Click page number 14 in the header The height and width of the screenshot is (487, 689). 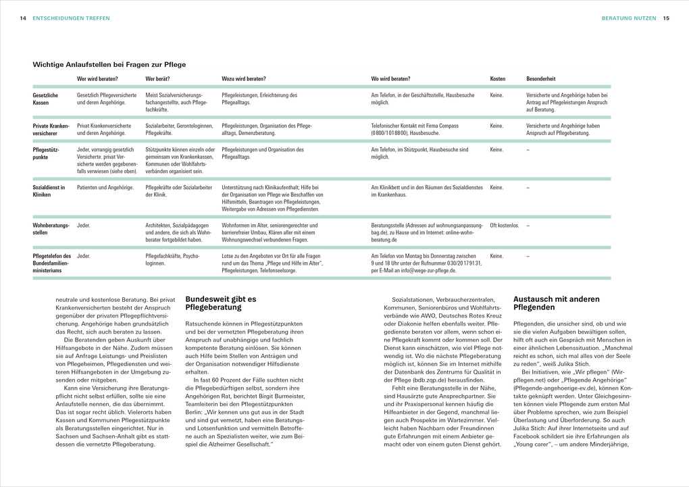(23, 18)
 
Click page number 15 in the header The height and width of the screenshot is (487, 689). (665, 18)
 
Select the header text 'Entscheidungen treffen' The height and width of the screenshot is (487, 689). (71, 18)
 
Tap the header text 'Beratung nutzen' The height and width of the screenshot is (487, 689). (628, 18)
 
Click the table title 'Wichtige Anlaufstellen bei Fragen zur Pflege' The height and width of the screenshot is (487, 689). (109, 64)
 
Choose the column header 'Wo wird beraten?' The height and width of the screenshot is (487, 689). (390, 79)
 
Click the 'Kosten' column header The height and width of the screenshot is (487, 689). (497, 79)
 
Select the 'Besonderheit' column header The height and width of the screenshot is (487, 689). (541, 79)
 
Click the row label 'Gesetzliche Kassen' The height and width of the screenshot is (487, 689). (45, 99)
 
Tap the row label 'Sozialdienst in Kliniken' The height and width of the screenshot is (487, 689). (49, 190)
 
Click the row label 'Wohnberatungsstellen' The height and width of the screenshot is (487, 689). (51, 228)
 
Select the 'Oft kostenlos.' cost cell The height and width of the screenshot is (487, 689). (505, 225)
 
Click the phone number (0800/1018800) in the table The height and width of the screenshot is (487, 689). (393, 133)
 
